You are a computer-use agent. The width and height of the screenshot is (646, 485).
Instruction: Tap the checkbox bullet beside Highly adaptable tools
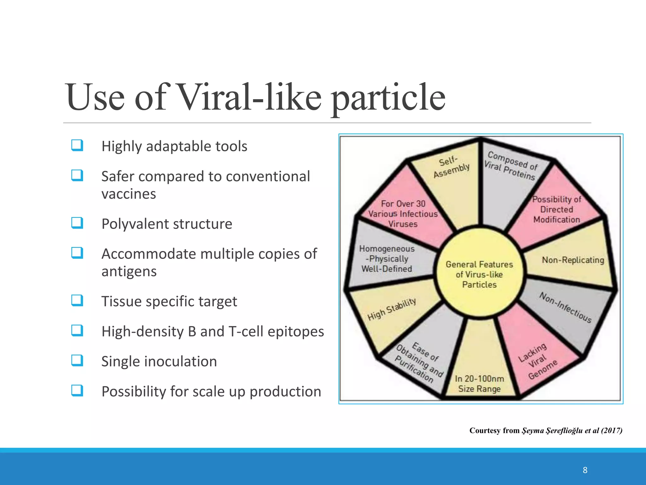tap(77, 146)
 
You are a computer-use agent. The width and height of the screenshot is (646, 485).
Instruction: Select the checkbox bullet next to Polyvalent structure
tap(77, 223)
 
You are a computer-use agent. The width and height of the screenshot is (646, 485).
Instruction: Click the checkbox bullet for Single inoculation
tap(77, 361)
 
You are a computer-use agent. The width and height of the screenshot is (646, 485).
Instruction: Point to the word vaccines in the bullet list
tap(129, 194)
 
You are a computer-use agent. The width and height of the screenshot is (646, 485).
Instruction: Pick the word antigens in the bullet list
tap(129, 272)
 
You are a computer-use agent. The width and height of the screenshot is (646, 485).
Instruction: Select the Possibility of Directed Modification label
tap(557, 209)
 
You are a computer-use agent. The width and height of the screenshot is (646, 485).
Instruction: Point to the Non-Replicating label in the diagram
tap(573, 260)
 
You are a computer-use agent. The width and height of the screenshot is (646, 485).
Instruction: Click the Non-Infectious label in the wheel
tap(565, 307)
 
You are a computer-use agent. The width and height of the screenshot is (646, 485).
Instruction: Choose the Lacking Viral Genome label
tap(537, 361)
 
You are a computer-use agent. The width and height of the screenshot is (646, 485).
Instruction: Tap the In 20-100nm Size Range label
tap(479, 384)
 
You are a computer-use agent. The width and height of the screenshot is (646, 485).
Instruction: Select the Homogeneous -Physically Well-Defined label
tap(387, 259)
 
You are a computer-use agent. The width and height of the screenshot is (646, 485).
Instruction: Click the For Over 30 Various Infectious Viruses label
tap(403, 214)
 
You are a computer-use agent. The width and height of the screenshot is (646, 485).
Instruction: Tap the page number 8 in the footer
tap(585, 470)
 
